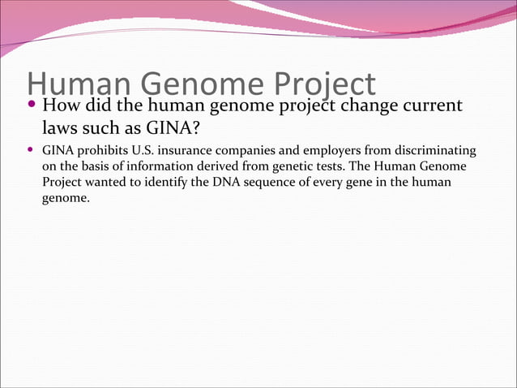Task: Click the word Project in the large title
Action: [323, 84]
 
